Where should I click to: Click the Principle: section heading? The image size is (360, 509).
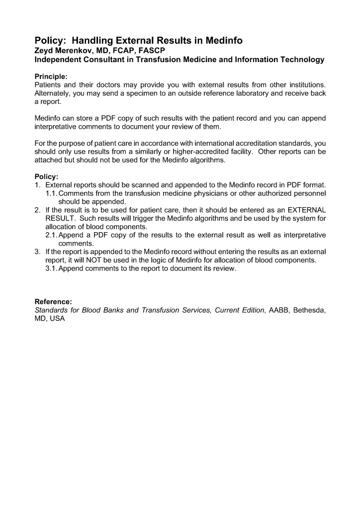click(51, 77)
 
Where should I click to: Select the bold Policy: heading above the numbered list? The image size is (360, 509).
click(46, 176)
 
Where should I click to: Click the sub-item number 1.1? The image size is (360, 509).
click(51, 193)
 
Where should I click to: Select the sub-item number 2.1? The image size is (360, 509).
click(51, 235)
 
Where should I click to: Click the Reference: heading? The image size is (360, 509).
click(53, 302)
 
